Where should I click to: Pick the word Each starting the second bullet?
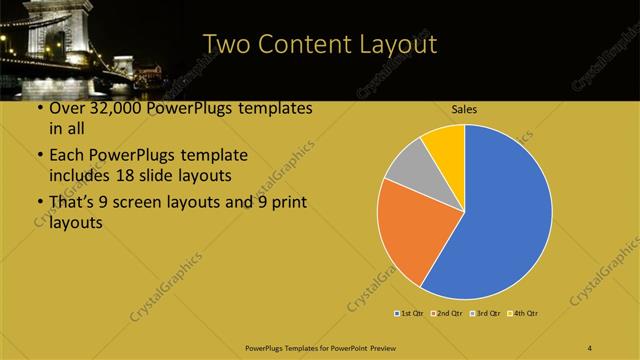67,155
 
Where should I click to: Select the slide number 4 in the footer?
591,347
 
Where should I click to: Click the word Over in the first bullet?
67,108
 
